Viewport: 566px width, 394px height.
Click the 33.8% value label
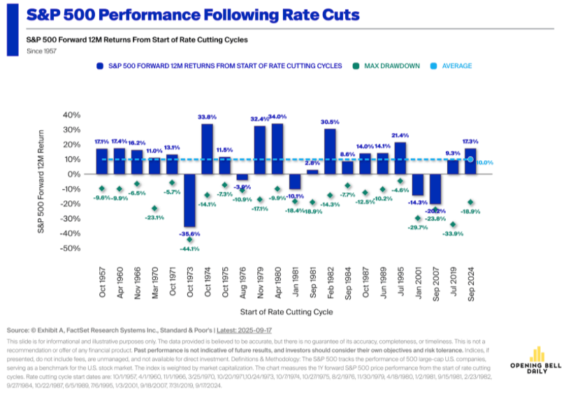207,117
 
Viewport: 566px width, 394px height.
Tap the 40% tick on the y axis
72,115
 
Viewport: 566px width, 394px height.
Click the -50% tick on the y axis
71,248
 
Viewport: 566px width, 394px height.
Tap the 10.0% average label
486,162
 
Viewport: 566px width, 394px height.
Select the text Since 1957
41,50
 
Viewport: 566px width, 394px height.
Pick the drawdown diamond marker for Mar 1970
154,209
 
